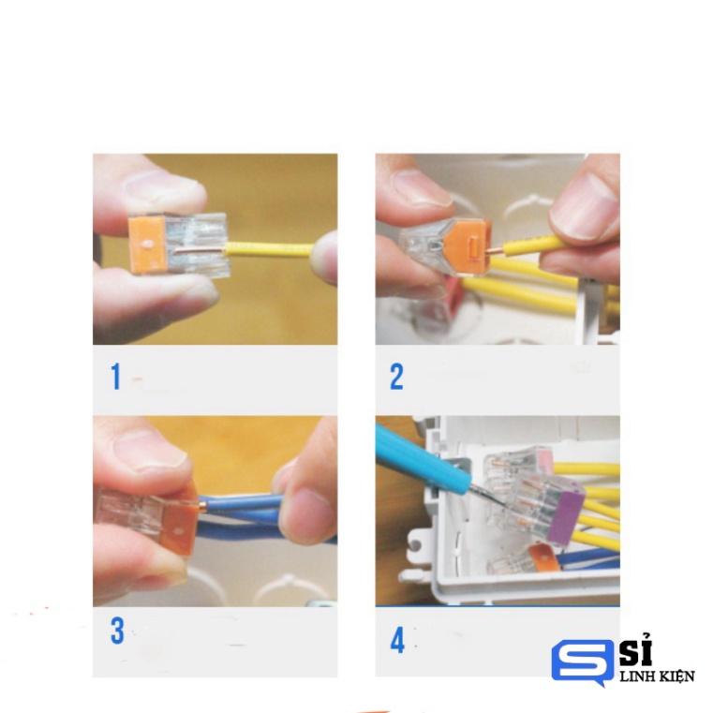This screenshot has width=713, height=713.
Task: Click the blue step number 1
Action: (116, 377)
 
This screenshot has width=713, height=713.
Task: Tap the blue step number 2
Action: (396, 377)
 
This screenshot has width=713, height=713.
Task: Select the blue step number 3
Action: (117, 631)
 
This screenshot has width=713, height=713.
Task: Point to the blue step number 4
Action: (397, 642)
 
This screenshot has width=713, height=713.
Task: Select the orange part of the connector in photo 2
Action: (468, 245)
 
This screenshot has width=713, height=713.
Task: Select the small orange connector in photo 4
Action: (541, 559)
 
